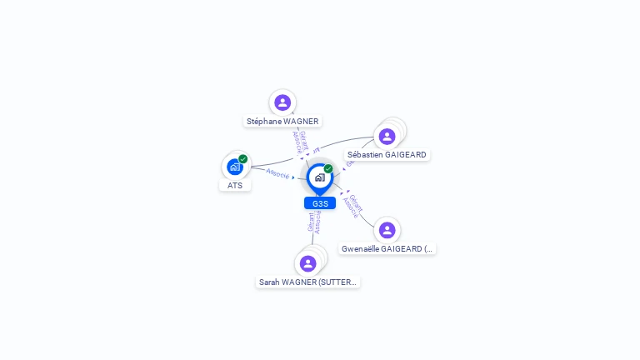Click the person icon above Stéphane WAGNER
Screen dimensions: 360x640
[282, 102]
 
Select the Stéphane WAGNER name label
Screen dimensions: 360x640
[282, 122]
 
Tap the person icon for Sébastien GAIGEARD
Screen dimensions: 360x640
[387, 137]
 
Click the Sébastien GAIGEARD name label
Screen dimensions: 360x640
[387, 155]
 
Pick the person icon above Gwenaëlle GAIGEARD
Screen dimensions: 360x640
[387, 230]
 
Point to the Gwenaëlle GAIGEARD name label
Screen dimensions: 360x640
[387, 248]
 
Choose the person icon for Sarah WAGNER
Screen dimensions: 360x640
[308, 263]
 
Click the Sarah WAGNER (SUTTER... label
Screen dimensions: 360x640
[307, 282]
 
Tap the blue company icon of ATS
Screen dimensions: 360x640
[235, 167]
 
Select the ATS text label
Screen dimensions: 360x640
[235, 185]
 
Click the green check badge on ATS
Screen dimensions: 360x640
[243, 159]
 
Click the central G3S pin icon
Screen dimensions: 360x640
[319, 177]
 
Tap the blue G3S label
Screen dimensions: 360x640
[320, 203]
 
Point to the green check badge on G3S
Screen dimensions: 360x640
[328, 169]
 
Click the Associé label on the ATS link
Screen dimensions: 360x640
[277, 174]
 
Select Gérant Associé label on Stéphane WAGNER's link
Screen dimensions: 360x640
[300, 142]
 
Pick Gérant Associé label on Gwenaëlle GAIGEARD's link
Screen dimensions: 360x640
[353, 206]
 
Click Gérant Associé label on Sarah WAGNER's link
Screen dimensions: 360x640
[314, 222]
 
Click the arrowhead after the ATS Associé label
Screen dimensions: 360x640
[294, 177]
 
